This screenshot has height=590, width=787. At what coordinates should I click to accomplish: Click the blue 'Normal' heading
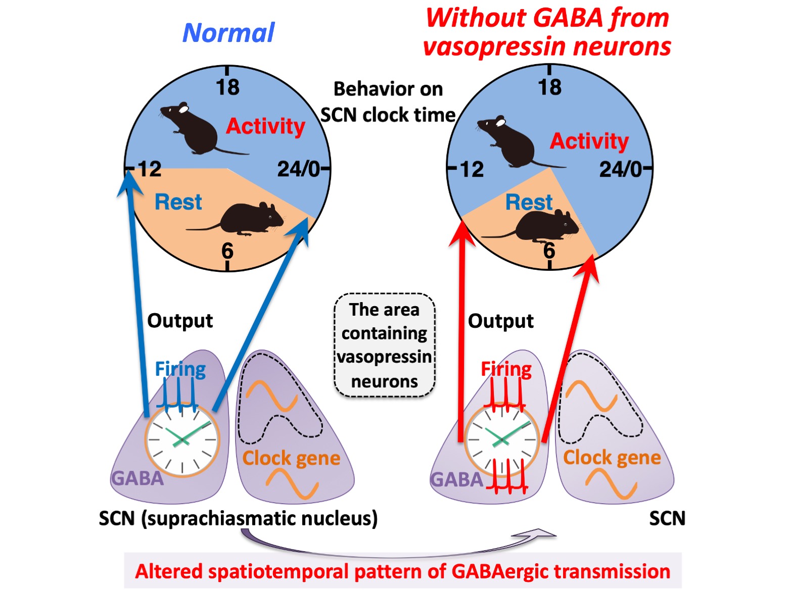coord(228,33)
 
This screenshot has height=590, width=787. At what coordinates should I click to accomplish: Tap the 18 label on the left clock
coord(227,87)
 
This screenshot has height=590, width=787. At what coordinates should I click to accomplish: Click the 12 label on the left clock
coord(150,169)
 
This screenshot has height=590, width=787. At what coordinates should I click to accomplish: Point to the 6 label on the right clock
coord(549,250)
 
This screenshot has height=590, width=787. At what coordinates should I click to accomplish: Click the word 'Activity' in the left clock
coord(265,126)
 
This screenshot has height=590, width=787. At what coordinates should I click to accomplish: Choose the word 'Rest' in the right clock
coord(529,203)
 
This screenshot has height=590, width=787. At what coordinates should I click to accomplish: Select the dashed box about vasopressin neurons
coord(384,345)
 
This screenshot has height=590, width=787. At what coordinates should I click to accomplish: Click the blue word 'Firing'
coord(180,369)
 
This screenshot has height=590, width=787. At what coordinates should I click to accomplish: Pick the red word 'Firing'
coord(506,369)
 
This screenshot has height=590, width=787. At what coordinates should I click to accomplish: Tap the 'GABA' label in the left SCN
coord(137,478)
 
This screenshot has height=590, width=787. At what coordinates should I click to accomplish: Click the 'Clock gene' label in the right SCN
coord(612,458)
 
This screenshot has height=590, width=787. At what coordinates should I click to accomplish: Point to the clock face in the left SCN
coord(182,439)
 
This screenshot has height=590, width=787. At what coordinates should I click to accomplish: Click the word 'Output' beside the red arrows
coord(500,321)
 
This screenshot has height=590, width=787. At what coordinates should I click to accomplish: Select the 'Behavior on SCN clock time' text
coord(388,102)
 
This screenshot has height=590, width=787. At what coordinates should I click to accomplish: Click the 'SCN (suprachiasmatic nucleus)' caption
coord(238,518)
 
